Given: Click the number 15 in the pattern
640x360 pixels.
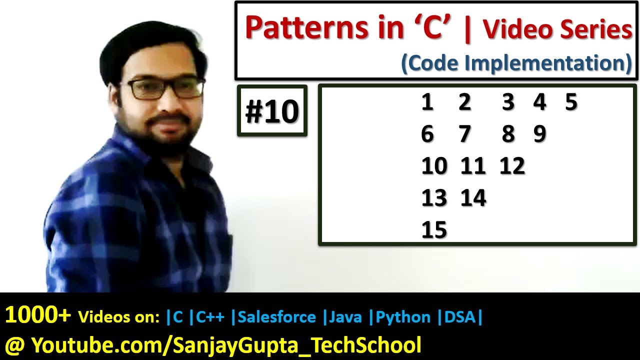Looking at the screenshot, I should (x=434, y=230).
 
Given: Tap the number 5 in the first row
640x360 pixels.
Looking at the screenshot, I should (x=571, y=102).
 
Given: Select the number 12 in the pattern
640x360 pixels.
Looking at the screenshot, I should (x=512, y=166).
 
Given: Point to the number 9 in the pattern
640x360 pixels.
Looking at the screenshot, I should (x=539, y=134).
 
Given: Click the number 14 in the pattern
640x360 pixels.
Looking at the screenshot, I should (x=473, y=198).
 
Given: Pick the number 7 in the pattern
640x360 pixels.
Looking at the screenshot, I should (x=465, y=134).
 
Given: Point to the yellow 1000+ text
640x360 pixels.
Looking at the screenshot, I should (x=38, y=316).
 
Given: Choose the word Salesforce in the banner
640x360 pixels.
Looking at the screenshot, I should (x=276, y=317).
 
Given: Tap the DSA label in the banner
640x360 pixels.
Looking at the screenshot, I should (x=459, y=317).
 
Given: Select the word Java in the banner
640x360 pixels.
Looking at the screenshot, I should (x=346, y=317).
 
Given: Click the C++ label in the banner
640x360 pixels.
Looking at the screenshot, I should (x=210, y=317).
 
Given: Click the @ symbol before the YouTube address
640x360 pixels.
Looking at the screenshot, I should (x=14, y=345).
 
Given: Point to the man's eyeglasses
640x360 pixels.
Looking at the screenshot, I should (x=165, y=88).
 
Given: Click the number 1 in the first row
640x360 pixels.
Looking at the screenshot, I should (x=427, y=102).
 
